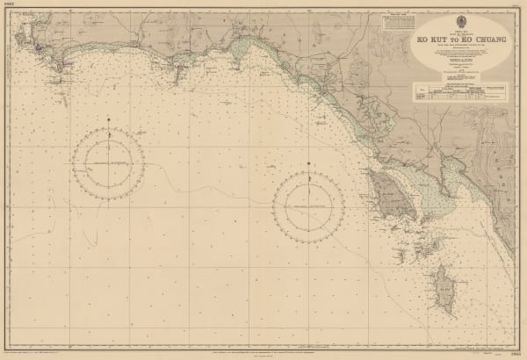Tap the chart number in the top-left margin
(9, 6)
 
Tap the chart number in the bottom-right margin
(516, 352)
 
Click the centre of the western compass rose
(109, 164)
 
